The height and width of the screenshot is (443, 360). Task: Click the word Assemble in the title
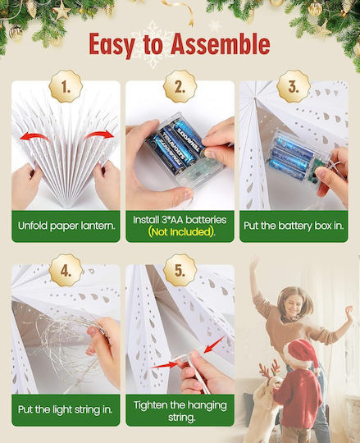[x=221, y=44]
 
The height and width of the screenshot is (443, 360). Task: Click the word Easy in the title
[x=112, y=45]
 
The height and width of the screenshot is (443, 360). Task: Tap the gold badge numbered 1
[x=66, y=86]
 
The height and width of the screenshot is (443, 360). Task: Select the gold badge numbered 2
[x=180, y=86]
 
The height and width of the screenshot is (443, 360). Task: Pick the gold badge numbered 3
[x=294, y=86]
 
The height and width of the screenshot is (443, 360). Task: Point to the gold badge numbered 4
[x=66, y=270]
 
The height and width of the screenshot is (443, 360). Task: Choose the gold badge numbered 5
[x=180, y=270]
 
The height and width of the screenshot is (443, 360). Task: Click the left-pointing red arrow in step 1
[x=34, y=136]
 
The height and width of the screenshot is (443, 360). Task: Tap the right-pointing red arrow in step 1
[x=99, y=135]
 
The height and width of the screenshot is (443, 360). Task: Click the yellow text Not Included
[x=180, y=232]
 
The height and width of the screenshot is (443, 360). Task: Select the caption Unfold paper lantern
[x=66, y=226]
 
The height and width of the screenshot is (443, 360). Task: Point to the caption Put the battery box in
[x=294, y=226]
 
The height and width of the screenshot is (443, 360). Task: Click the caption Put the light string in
[x=66, y=409]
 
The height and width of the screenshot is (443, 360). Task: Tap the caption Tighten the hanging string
[x=180, y=411]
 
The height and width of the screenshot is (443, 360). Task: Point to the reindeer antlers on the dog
[x=270, y=368]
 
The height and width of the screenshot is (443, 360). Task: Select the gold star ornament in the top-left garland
[x=62, y=11]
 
